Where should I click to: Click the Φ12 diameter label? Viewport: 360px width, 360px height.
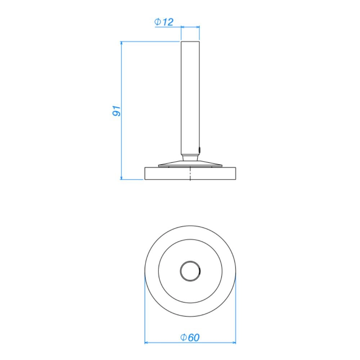pos(164,22)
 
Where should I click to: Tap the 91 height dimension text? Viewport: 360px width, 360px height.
pos(116,111)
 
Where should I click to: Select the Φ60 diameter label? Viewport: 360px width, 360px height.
pos(190,337)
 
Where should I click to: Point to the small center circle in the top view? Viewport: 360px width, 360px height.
pos(190,271)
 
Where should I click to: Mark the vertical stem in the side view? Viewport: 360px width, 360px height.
pos(190,97)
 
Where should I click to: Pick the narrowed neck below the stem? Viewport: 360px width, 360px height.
pos(190,157)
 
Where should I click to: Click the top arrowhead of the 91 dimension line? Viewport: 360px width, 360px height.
pos(121,44)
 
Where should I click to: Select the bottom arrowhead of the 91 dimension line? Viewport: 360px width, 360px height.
pos(121,177)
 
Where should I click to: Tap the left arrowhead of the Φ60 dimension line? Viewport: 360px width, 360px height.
pos(147,342)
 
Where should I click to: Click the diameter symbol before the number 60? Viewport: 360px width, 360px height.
pos(183,337)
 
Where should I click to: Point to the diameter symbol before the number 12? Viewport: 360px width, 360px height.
pos(158,22)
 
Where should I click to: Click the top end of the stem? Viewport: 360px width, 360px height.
pos(190,42)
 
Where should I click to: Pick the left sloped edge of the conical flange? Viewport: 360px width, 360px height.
pos(169,163)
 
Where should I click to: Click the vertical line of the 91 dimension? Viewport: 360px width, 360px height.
pos(121,144)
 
